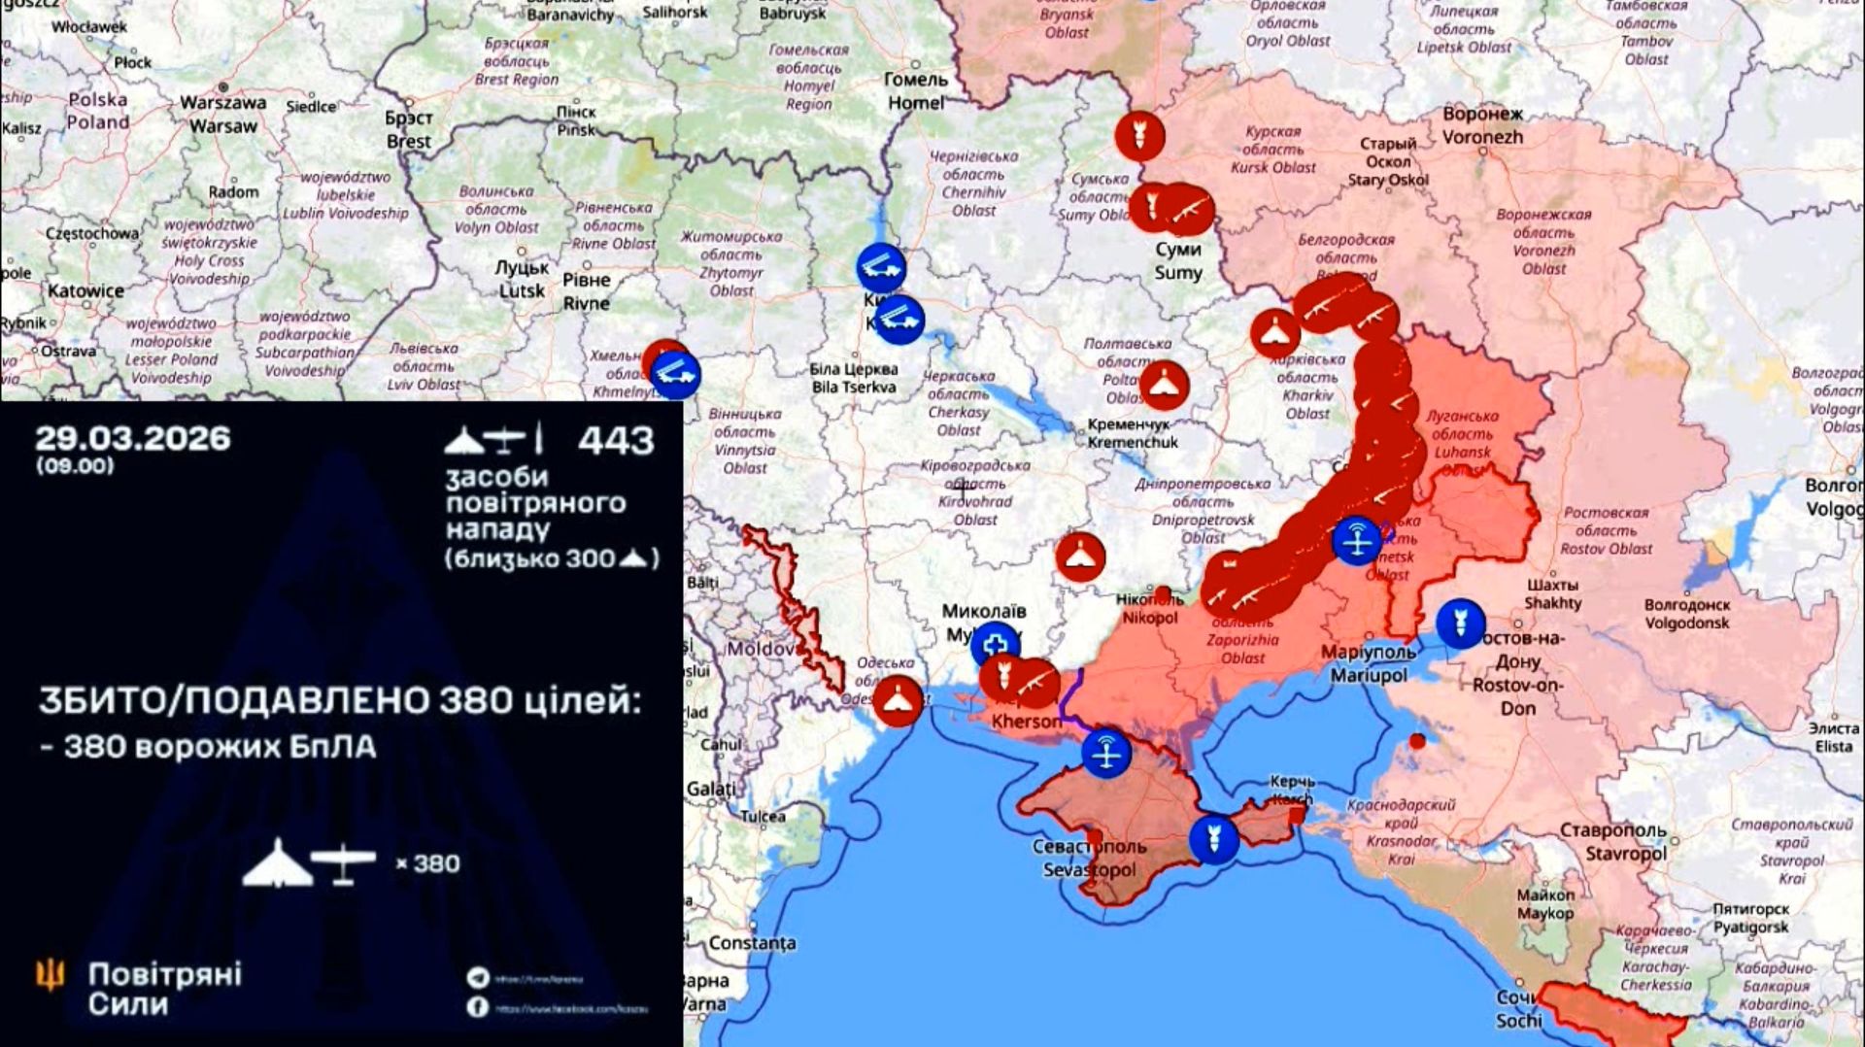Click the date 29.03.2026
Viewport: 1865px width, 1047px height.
132,439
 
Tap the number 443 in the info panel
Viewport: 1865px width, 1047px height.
616,441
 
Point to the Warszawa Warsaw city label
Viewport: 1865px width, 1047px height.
222,114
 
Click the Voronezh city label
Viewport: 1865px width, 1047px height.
1482,125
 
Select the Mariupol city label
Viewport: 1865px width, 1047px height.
1369,663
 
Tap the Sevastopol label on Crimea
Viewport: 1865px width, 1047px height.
1089,859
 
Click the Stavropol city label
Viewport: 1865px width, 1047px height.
1613,842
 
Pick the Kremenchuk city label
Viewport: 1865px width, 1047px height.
1133,433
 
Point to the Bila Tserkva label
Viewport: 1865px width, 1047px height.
854,378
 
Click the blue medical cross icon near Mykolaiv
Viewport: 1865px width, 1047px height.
995,644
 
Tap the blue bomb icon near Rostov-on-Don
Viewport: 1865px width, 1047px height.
1460,623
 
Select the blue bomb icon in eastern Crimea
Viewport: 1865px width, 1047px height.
1213,838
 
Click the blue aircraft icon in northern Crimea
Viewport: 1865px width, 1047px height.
1106,753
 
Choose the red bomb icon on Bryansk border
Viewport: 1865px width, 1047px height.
1139,135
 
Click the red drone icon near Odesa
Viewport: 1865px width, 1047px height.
898,700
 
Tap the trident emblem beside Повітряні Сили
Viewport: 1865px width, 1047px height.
51,974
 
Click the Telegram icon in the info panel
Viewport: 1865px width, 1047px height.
477,978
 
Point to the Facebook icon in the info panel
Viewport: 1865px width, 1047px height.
477,1007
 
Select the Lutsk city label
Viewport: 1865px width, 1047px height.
523,279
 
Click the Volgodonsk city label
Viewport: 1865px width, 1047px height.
1687,614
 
